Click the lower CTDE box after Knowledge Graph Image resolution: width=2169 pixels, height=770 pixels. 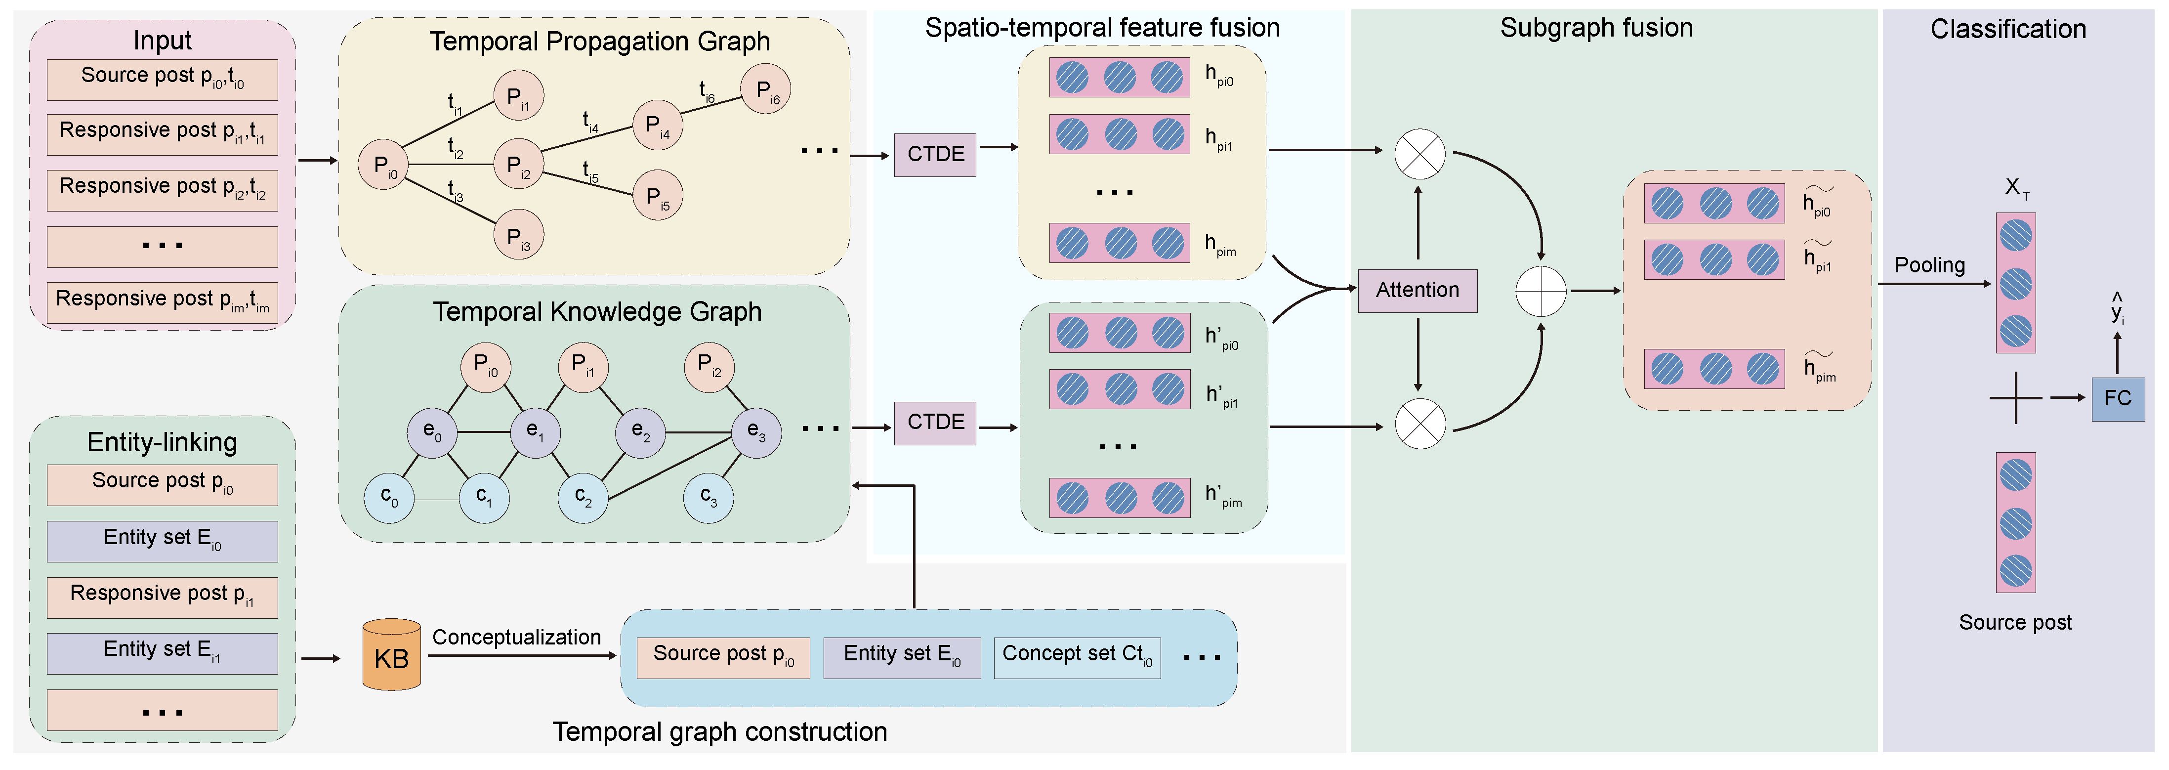tap(935, 422)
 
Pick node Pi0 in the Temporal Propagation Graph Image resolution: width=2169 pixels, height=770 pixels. tap(384, 165)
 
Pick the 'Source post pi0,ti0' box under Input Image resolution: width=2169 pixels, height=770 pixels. tap(163, 79)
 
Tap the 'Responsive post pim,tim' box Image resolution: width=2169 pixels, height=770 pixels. tap(163, 301)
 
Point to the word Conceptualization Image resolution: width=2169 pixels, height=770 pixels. tap(516, 637)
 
